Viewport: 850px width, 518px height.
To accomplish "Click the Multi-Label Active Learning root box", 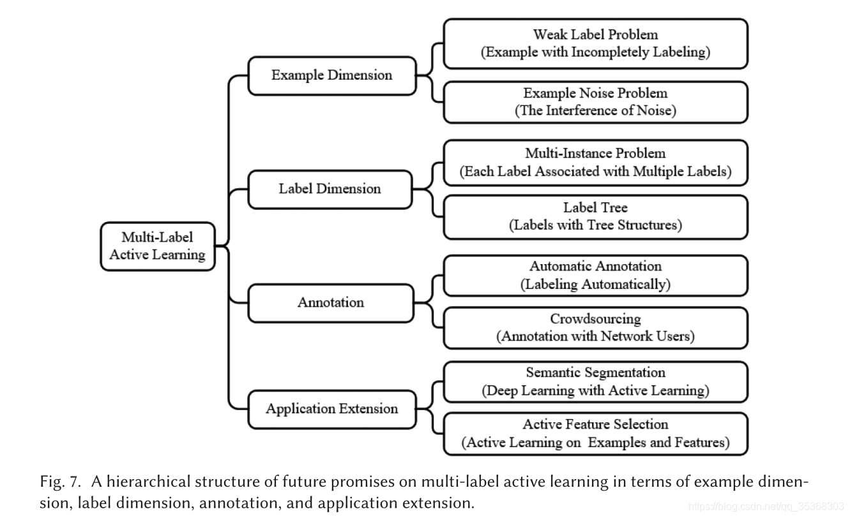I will click(x=158, y=246).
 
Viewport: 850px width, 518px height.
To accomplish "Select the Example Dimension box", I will click(x=331, y=75).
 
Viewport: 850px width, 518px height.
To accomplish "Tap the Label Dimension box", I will click(x=330, y=189).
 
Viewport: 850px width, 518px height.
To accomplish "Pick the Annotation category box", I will click(x=330, y=302).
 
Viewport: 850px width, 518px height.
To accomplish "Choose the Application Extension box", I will click(x=331, y=409).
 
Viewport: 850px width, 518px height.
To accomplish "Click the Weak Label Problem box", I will click(x=595, y=43).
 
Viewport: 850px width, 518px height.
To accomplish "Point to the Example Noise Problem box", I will click(x=595, y=102).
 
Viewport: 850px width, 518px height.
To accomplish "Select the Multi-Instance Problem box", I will click(x=595, y=163).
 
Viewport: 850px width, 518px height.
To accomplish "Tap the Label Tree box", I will click(x=595, y=216).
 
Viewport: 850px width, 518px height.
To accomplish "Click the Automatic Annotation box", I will click(x=595, y=276).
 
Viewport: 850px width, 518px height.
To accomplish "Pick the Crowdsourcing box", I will click(x=595, y=327).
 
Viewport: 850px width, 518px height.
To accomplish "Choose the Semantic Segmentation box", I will click(x=595, y=381).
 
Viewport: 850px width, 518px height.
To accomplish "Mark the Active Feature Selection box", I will click(x=595, y=433).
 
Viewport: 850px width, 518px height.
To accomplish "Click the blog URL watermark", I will click(x=767, y=507).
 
